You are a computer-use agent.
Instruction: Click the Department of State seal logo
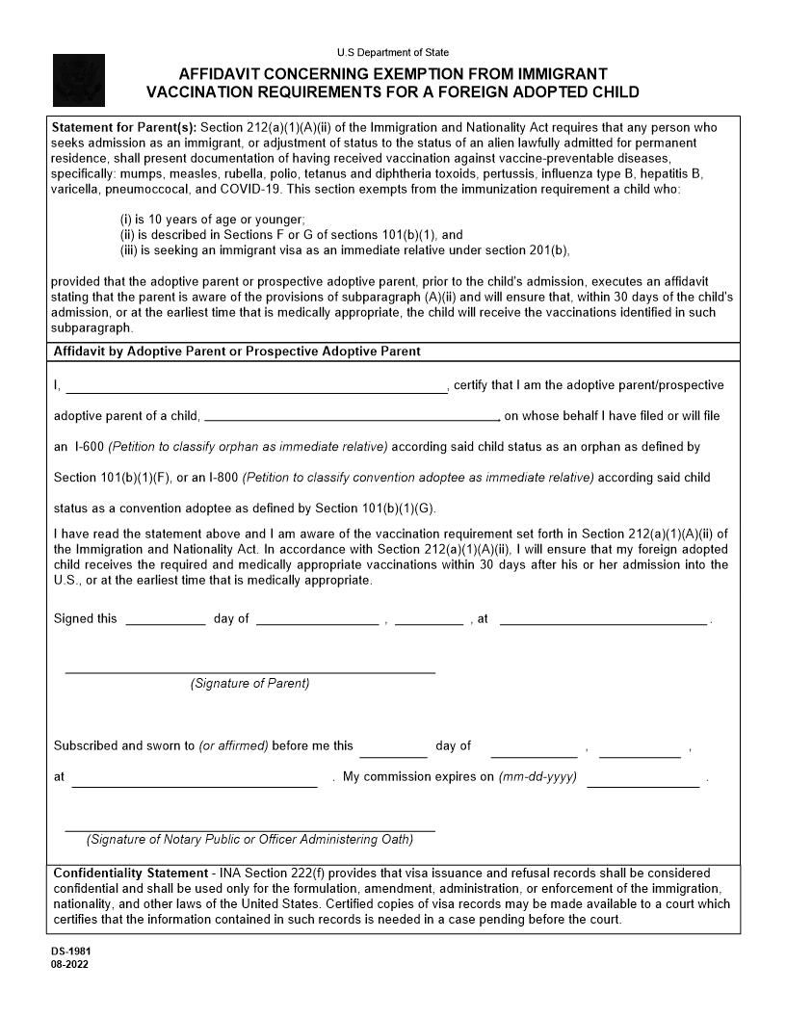78,80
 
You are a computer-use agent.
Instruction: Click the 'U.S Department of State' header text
392,52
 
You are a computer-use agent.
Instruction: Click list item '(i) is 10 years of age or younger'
212,220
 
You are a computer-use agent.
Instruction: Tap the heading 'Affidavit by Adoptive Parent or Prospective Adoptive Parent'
237,352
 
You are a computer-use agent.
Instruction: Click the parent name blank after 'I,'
255,386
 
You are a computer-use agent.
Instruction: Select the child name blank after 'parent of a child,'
352,416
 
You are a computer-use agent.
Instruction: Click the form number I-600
89,447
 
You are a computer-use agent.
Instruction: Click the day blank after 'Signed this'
165,619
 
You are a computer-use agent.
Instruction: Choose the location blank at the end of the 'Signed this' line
604,619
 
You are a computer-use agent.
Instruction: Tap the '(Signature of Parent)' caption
249,684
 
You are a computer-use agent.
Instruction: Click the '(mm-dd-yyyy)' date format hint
537,777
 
